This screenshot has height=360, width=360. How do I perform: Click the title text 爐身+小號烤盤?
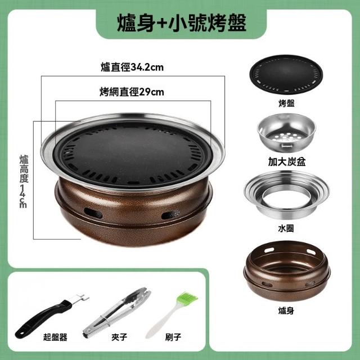[181, 23]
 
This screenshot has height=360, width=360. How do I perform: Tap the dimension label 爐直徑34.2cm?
[132, 67]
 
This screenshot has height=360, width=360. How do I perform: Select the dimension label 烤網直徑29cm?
[132, 92]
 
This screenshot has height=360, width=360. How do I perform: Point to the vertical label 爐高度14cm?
[24, 182]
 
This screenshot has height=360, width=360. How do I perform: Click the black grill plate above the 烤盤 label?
[286, 74]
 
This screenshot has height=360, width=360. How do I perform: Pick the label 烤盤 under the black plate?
[286, 103]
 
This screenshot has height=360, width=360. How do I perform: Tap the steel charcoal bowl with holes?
[286, 132]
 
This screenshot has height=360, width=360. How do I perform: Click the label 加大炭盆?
[287, 161]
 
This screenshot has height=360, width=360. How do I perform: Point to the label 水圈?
[286, 228]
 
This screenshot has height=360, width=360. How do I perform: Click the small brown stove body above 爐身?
[287, 271]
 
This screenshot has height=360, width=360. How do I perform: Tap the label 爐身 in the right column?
[286, 310]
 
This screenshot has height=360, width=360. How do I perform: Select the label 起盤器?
[55, 337]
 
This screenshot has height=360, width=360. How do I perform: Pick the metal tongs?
[116, 313]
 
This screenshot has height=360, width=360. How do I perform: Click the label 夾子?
[119, 337]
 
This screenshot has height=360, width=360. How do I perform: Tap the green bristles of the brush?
[188, 299]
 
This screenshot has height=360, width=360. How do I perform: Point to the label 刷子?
[173, 337]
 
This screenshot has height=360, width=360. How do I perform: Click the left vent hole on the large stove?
[93, 213]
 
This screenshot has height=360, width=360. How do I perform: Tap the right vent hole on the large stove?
[170, 214]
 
